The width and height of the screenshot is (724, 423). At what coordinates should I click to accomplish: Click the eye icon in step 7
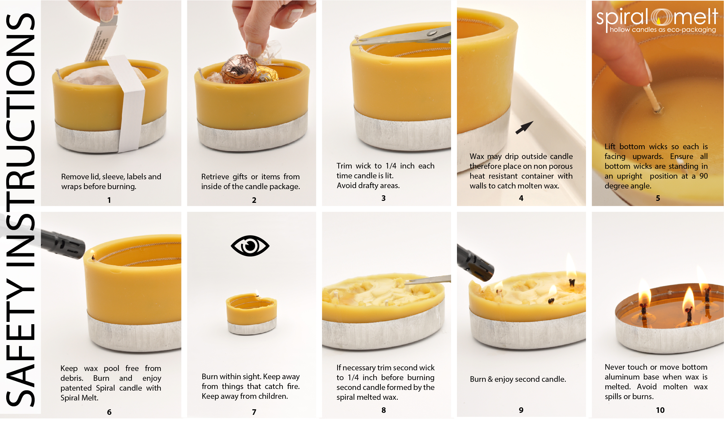[250, 246]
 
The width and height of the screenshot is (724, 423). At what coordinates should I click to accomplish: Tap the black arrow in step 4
[524, 128]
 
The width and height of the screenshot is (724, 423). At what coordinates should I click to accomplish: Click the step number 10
[660, 410]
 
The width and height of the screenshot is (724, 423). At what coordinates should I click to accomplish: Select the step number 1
[109, 200]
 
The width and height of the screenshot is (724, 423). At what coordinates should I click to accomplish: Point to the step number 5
[658, 198]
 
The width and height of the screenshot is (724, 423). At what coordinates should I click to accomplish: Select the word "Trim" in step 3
[344, 166]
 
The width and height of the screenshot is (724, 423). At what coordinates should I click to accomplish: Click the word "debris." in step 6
[72, 378]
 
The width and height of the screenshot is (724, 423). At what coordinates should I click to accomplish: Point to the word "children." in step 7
[273, 396]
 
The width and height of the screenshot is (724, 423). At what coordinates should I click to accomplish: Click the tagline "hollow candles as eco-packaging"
[663, 30]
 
